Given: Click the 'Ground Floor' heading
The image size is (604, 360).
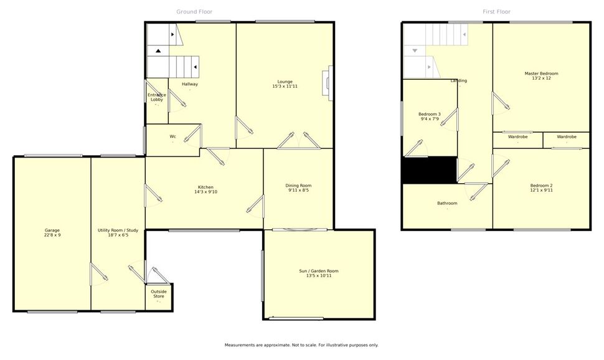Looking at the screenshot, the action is [194, 12].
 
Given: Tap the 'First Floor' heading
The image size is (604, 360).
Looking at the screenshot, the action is [496, 12].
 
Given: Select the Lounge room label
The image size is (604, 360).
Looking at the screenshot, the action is [285, 82].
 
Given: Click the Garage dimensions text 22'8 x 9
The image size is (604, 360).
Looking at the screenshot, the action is [52, 235].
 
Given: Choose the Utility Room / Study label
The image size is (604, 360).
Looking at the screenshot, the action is [118, 230].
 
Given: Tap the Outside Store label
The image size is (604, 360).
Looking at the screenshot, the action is [159, 294].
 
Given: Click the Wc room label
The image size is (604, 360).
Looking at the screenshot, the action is [173, 136].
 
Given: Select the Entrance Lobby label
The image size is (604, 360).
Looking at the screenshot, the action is [157, 97].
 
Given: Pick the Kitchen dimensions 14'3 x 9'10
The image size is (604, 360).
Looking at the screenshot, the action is [206, 192].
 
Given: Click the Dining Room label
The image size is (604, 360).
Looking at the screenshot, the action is [298, 186].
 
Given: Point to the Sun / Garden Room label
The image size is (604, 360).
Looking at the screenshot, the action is [319, 271].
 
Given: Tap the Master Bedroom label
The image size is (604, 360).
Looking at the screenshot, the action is [541, 73].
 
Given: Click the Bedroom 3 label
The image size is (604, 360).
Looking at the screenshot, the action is [430, 114].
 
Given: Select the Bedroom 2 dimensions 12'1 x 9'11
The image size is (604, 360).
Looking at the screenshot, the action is [541, 190].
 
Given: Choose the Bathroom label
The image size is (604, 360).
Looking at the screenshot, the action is [447, 203].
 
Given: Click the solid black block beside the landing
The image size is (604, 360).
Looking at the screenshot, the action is [430, 170].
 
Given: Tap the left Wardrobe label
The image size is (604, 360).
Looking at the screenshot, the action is [517, 137].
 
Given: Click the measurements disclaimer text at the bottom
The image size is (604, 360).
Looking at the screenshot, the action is [301, 345].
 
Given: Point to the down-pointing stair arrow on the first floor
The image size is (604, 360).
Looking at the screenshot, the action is [415, 50].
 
